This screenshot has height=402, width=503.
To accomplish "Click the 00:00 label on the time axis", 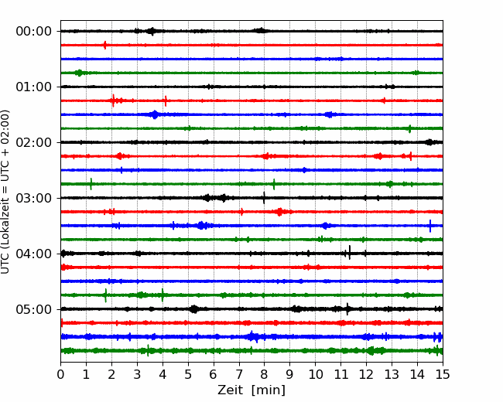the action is click(x=34, y=32).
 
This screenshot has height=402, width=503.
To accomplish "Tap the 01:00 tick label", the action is click(x=34, y=87).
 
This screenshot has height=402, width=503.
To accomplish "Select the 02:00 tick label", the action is click(x=34, y=142).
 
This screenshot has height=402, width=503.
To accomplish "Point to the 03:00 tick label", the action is click(x=34, y=198).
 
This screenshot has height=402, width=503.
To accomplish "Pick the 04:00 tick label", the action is click(x=34, y=254).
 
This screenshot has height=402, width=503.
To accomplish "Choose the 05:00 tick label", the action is click(x=34, y=309).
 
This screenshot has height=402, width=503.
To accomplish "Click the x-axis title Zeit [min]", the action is click(x=251, y=390).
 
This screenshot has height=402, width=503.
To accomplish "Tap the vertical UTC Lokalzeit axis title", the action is click(x=5, y=192).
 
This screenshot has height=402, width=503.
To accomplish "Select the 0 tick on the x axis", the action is click(x=60, y=374).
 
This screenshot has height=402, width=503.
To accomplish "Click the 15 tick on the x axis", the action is click(x=443, y=374).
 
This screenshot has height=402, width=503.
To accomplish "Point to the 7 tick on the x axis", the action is click(x=239, y=374).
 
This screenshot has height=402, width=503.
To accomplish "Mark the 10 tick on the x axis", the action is click(x=315, y=374).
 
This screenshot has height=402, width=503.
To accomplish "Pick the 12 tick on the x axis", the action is click(x=366, y=374).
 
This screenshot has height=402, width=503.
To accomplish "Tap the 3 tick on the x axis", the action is click(x=137, y=374).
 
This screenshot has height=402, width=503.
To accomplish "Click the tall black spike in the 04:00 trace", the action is click(x=350, y=252).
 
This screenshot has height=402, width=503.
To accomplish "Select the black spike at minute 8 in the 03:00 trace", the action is click(x=264, y=198).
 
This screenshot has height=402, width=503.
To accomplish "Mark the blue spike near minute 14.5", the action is click(x=430, y=226).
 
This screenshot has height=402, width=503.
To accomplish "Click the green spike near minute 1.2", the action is click(x=91, y=184).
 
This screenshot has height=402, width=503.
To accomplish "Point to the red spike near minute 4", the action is click(x=166, y=101).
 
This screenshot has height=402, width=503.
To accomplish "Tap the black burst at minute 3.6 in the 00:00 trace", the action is click(x=152, y=31).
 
